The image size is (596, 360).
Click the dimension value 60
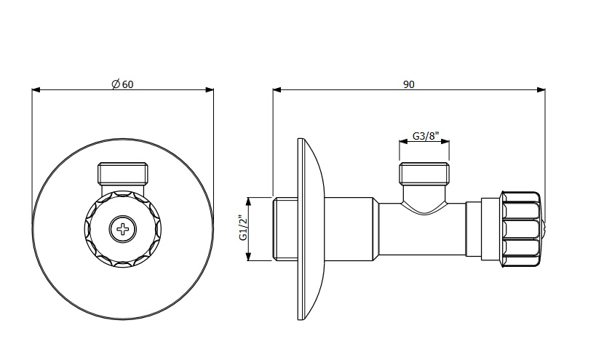pos(128,84)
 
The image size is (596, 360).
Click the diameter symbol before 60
pos(116,84)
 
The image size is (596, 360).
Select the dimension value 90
pos(408,84)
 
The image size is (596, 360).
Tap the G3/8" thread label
pos(426,135)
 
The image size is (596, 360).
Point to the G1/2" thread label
pos(243,228)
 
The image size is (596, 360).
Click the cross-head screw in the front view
pos(122,229)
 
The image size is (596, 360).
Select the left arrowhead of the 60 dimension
pos(36,90)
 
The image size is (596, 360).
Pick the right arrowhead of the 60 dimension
pos(210,90)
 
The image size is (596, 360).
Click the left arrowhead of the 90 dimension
pos(277,90)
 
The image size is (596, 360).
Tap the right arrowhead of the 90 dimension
pos(541,90)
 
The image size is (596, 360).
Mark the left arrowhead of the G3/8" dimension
pos(403,142)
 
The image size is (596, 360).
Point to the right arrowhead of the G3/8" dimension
pos(445,142)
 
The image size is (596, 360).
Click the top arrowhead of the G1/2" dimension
pos(249,201)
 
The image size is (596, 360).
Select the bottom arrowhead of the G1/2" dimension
pos(249,256)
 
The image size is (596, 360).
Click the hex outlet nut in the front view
pos(122,174)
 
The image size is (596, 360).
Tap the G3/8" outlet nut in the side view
pos(424,174)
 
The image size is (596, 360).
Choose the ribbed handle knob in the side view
pos(521,228)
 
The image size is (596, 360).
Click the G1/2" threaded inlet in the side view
pos(285,229)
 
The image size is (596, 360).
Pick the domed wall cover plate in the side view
pos(311,229)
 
